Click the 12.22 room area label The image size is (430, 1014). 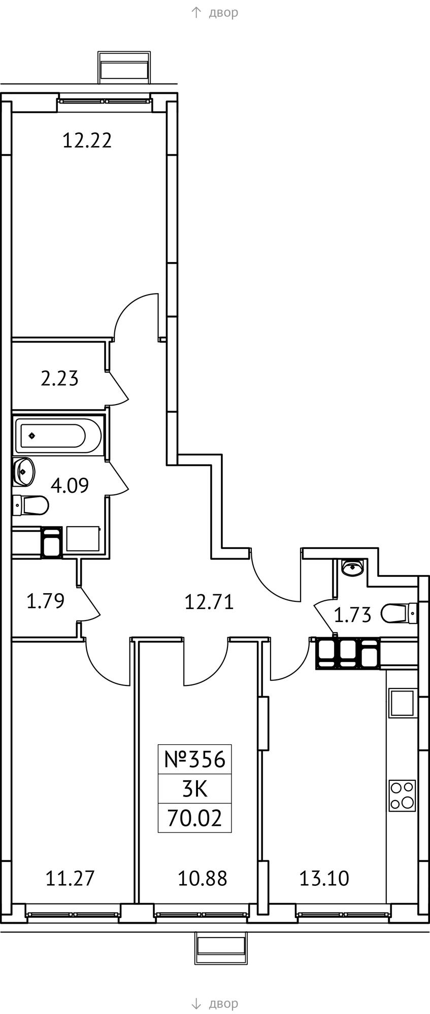point(87,140)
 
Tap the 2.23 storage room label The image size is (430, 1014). point(59,378)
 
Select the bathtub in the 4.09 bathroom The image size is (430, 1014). point(58,435)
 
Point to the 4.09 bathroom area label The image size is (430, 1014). point(70,485)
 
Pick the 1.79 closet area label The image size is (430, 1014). point(45,601)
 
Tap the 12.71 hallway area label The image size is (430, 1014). point(209,602)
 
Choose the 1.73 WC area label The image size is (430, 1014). point(352,615)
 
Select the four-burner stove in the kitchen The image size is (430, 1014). point(402,795)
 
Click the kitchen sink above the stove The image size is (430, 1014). point(403,702)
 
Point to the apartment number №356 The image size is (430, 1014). point(194,759)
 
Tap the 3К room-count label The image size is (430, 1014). point(195,789)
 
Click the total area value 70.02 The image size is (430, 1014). point(195,818)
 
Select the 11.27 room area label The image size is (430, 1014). point(70,878)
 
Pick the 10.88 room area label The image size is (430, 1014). point(202,878)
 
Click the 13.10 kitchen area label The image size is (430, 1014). point(324,878)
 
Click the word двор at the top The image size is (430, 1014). point(223,13)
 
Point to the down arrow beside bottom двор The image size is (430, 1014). point(196,1003)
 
